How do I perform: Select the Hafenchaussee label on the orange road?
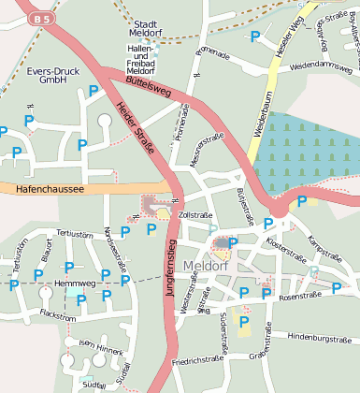50,189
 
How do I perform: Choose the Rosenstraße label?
299,296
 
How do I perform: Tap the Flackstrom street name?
58,317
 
